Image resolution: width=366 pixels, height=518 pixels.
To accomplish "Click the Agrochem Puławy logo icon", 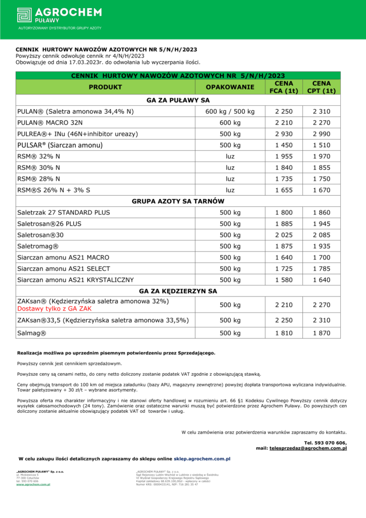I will tap(24, 15).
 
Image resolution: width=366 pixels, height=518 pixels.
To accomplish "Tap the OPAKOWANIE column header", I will tap(230, 87).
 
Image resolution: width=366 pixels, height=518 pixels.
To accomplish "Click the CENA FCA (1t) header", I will tap(284, 87).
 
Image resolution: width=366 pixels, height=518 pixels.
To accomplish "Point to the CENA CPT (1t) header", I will tap(322, 87).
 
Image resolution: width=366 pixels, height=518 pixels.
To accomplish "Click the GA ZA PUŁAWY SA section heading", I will tap(178, 100).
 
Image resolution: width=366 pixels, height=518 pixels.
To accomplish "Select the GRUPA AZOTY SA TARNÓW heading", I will tap(178, 201).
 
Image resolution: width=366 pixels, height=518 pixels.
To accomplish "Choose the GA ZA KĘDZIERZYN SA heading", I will tap(178, 291).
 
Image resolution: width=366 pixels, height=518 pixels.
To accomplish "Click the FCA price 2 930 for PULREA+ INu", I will tap(284, 134).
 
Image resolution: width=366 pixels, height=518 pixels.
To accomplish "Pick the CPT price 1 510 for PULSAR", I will tap(322, 145).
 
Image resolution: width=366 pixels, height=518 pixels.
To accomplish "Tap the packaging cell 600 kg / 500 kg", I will tap(230, 111).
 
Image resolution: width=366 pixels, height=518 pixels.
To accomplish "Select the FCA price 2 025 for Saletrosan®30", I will tap(284, 235).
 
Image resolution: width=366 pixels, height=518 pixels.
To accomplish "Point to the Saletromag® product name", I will tap(38, 246).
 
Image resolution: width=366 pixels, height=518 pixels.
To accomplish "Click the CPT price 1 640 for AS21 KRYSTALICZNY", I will tap(322, 280).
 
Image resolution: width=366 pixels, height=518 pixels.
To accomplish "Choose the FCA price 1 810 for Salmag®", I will tap(284, 333).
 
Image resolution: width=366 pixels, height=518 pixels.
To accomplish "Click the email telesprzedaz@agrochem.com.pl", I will tap(308, 448).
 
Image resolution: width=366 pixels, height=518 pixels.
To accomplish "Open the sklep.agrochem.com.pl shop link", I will tap(202, 458).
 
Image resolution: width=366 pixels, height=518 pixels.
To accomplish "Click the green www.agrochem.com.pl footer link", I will tap(33, 484).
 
